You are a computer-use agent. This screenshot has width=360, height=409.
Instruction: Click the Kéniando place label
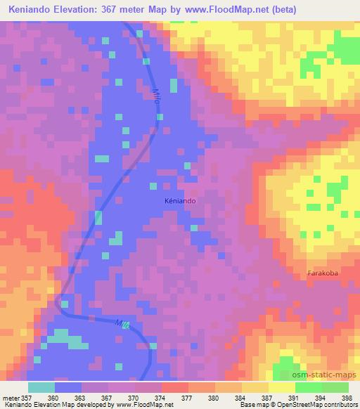[x=180, y=200]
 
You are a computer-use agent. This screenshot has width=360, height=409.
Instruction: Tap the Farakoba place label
[x=323, y=273]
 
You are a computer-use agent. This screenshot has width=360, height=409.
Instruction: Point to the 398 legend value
[x=347, y=398]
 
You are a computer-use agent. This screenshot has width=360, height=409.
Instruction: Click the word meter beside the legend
[x=11, y=398]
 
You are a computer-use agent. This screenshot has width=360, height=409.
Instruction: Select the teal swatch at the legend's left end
[x=41, y=387]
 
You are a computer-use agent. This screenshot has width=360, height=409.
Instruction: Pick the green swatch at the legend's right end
[x=335, y=387]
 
